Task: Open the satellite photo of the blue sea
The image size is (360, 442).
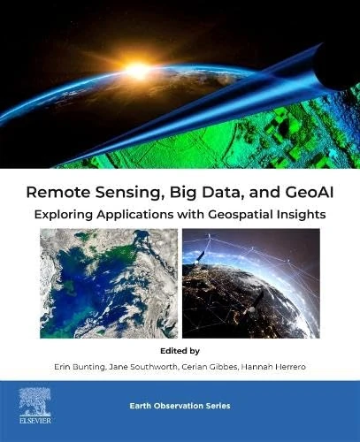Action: [x=110, y=283]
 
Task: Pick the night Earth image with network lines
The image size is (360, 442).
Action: [x=251, y=283]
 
